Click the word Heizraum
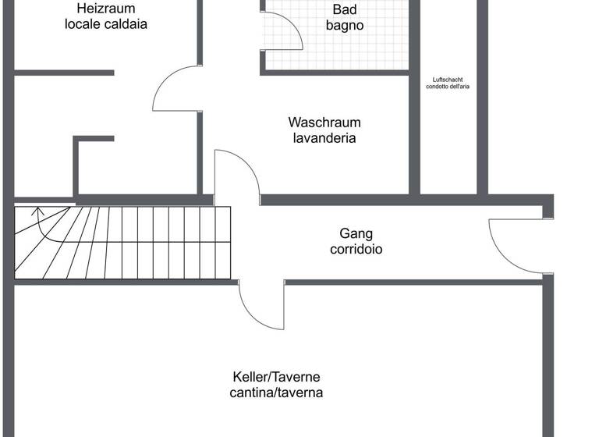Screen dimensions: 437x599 pos(106,9)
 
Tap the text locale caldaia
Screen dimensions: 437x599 pos(106,24)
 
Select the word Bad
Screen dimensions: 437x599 pos(345,10)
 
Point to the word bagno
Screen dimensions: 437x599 pos(345,26)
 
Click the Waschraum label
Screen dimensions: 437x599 pos(324,123)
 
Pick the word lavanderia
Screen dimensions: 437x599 pos(324,138)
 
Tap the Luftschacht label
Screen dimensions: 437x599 pos(448,79)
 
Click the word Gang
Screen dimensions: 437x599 pos(356,233)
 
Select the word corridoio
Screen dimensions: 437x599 pos(356,250)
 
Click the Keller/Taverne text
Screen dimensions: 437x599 pos(276,376)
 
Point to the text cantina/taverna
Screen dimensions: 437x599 pos(276,393)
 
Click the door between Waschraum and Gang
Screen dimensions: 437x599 pos(236,176)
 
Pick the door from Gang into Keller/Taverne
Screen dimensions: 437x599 pos(261,306)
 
